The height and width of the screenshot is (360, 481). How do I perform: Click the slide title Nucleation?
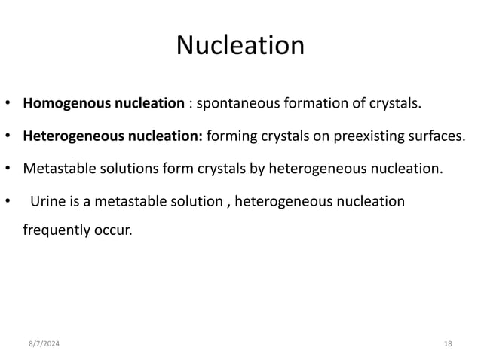coord(240,46)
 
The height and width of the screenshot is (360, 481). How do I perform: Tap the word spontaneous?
coord(240,103)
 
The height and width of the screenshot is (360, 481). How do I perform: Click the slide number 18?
coord(448,343)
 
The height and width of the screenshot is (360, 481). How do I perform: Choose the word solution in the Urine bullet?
coord(196,202)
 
